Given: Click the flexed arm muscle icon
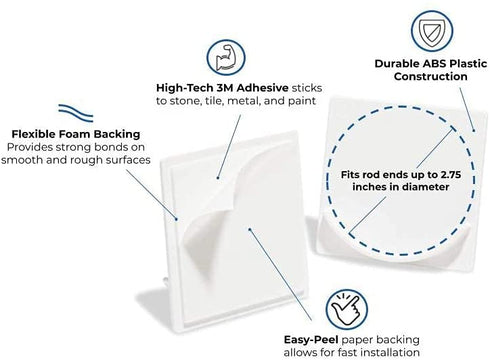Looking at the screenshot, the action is pos(226,57).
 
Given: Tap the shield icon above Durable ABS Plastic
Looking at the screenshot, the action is pos(431,31).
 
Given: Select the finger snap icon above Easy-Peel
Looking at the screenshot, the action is pos(346,310).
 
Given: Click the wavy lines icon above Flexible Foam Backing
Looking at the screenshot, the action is pos(76,113).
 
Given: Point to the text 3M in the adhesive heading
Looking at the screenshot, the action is pos(225,88).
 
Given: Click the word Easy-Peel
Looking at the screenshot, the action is pos(311,340).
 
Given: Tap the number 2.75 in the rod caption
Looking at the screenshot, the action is pos(451,175).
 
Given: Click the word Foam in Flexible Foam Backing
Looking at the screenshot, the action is pos(75,134).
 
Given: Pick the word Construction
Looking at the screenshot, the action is pos(430,76).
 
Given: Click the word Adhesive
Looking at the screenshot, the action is pos(263,88).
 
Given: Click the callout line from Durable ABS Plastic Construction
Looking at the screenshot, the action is pos(467,109).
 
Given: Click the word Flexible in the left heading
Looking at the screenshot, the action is pos(34,134).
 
